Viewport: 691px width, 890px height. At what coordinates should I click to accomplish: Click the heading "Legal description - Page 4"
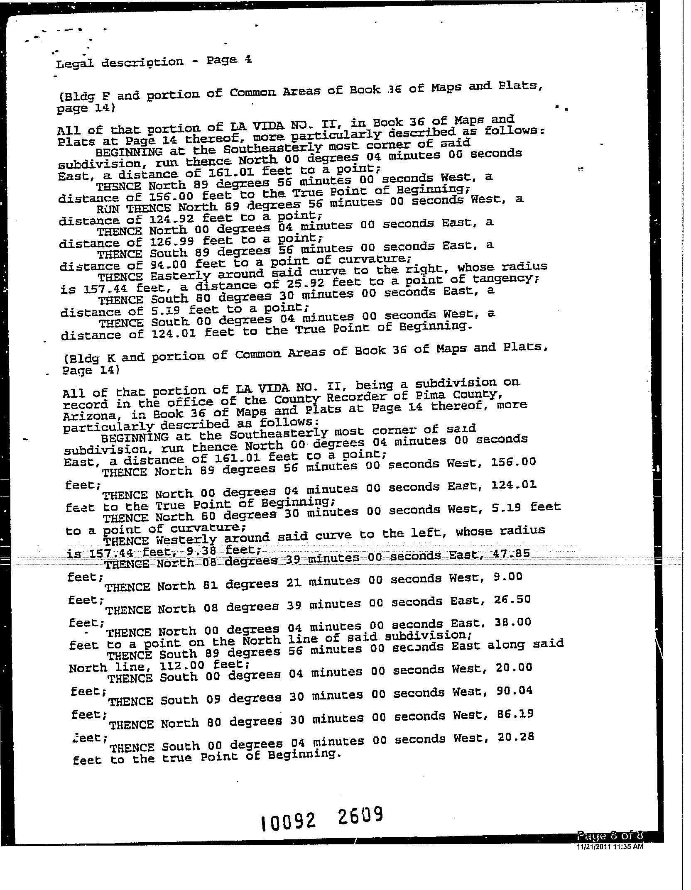point(154,61)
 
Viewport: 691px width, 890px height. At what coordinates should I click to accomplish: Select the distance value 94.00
point(169,264)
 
